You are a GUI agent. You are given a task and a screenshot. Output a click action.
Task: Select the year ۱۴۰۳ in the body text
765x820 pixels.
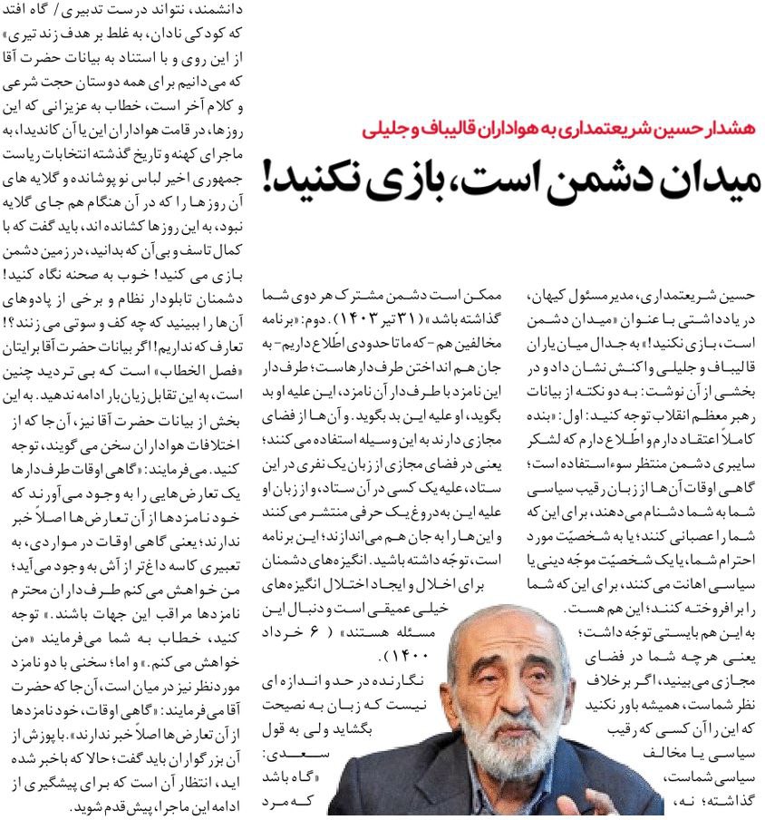tap(349, 320)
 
